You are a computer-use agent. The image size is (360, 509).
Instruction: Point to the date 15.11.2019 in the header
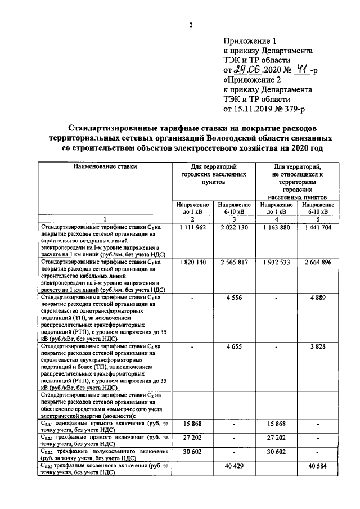tap(254, 109)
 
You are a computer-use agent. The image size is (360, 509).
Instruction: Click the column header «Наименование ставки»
tap(104, 166)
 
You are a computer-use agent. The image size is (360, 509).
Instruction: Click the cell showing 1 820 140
tap(193, 262)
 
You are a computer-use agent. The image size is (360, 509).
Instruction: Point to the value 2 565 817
tap(234, 262)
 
